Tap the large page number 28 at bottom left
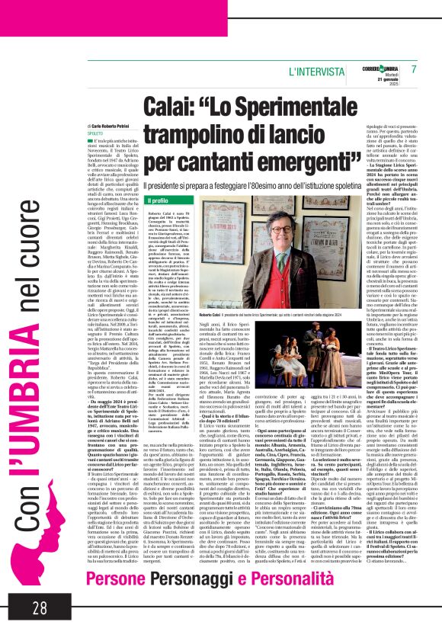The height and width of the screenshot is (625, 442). click(x=39, y=607)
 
